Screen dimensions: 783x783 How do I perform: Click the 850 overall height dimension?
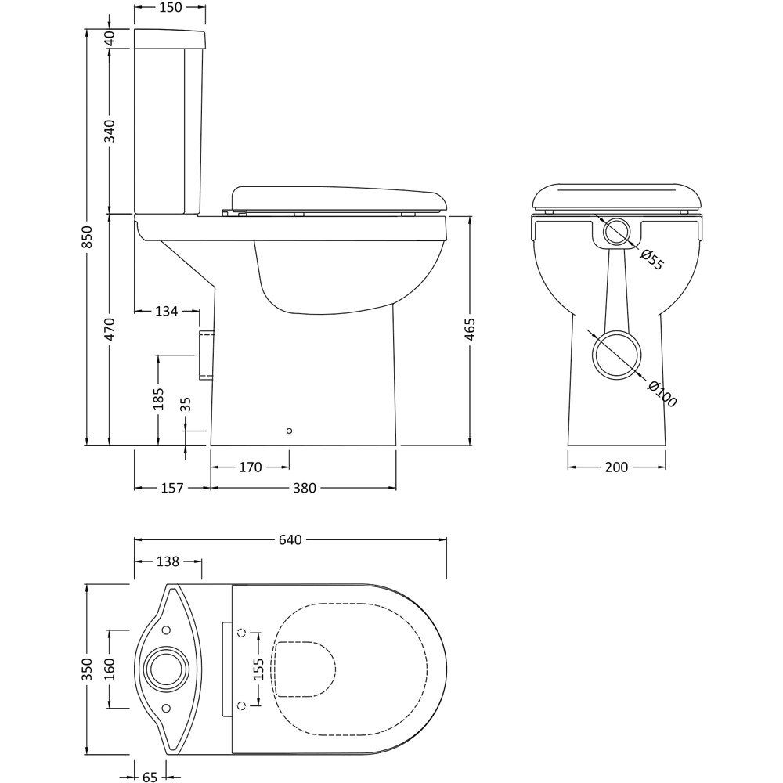(x=86, y=237)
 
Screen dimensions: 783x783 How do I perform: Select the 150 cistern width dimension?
(x=170, y=7)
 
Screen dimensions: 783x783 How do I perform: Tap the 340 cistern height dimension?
(x=110, y=131)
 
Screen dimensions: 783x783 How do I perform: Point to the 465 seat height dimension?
(x=470, y=329)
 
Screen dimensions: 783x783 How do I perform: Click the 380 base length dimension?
(x=304, y=488)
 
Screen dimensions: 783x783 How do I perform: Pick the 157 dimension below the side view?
(x=172, y=488)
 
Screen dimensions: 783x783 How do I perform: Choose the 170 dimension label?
(x=251, y=467)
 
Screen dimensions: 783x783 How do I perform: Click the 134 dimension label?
(x=166, y=311)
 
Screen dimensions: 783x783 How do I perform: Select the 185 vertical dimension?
(x=158, y=399)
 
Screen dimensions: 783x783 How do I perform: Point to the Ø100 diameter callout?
(x=662, y=394)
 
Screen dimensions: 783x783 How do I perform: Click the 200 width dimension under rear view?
(x=616, y=467)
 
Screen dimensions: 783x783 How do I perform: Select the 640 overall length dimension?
(x=290, y=539)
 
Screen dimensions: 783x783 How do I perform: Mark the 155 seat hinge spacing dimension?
(x=258, y=669)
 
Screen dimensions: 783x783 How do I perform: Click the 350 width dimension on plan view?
(x=86, y=669)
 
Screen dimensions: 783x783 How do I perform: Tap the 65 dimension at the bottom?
(x=150, y=777)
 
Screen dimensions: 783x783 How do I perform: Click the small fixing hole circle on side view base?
(x=289, y=431)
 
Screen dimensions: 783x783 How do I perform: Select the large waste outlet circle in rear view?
(x=616, y=355)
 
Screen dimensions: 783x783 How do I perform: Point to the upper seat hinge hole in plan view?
(x=242, y=633)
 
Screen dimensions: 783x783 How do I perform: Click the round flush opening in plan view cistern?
(x=166, y=669)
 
